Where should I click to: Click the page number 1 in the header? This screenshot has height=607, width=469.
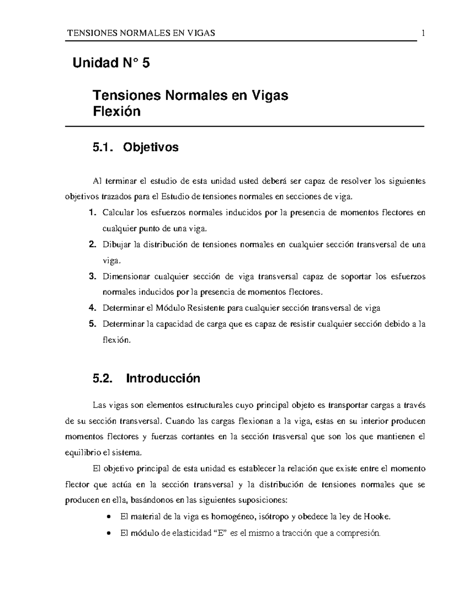[423, 33]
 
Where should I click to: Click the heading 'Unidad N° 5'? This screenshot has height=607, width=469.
[111, 63]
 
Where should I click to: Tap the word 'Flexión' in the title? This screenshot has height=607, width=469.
[116, 112]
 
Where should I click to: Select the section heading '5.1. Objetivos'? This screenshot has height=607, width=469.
[135, 147]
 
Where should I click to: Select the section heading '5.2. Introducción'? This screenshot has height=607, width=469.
[146, 378]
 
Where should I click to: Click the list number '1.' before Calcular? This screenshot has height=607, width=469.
[92, 213]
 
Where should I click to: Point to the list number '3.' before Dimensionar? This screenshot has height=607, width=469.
[92, 277]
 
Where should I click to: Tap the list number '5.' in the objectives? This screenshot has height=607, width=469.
[92, 324]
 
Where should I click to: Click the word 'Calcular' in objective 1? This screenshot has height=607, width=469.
[118, 213]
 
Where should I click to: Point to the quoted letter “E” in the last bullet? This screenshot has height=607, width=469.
[221, 533]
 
